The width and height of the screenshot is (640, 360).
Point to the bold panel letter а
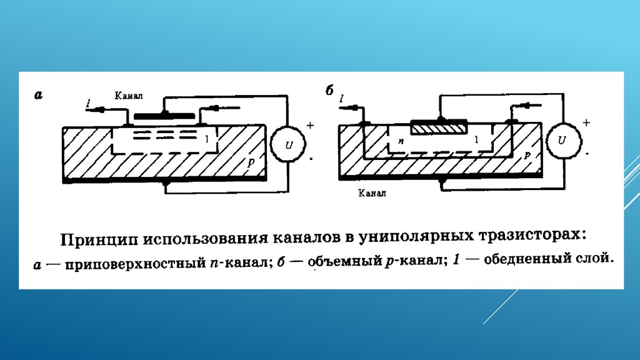[38, 95]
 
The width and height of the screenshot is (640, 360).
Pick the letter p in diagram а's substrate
[250, 162]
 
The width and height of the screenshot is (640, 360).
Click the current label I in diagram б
[342, 99]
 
